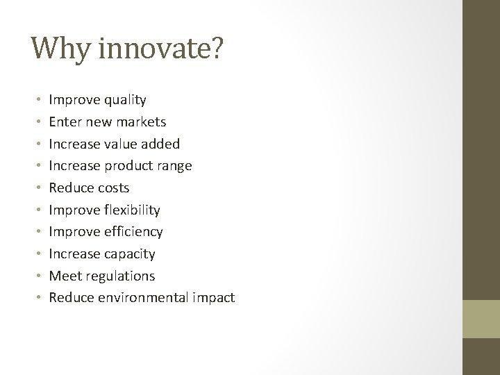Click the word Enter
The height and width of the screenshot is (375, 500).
pos(65,122)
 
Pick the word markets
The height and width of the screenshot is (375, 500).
pos(140,122)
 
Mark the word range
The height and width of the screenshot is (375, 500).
pos(174,166)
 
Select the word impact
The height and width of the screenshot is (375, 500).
pos(215,298)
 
